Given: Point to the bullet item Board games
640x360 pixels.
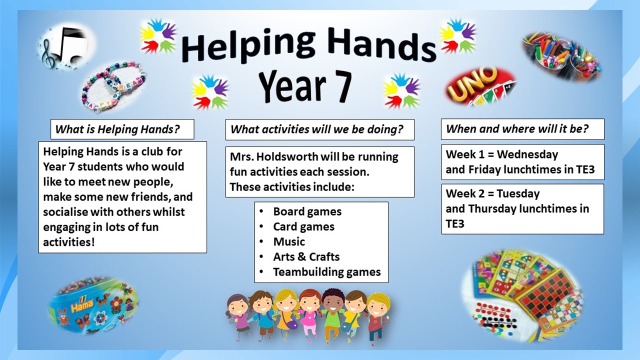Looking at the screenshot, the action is pos(307,211).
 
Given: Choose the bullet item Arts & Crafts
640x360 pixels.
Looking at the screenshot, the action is pos(306,257).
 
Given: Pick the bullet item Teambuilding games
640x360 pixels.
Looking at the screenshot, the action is pos(327,272).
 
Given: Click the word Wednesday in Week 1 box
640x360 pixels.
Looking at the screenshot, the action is pos(527,154).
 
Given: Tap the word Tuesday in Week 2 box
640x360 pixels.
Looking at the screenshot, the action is pos(518,194).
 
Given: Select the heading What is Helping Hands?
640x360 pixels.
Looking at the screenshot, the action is pos(117,129).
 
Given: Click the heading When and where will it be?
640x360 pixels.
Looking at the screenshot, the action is pos(517,129).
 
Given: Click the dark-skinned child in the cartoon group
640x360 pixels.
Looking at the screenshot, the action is pos(332,314).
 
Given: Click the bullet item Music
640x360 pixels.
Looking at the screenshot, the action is pos(289,242).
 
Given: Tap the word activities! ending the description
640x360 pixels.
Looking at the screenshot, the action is pos(68,242).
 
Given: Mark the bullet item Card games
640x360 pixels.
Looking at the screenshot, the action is pos(303,227).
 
